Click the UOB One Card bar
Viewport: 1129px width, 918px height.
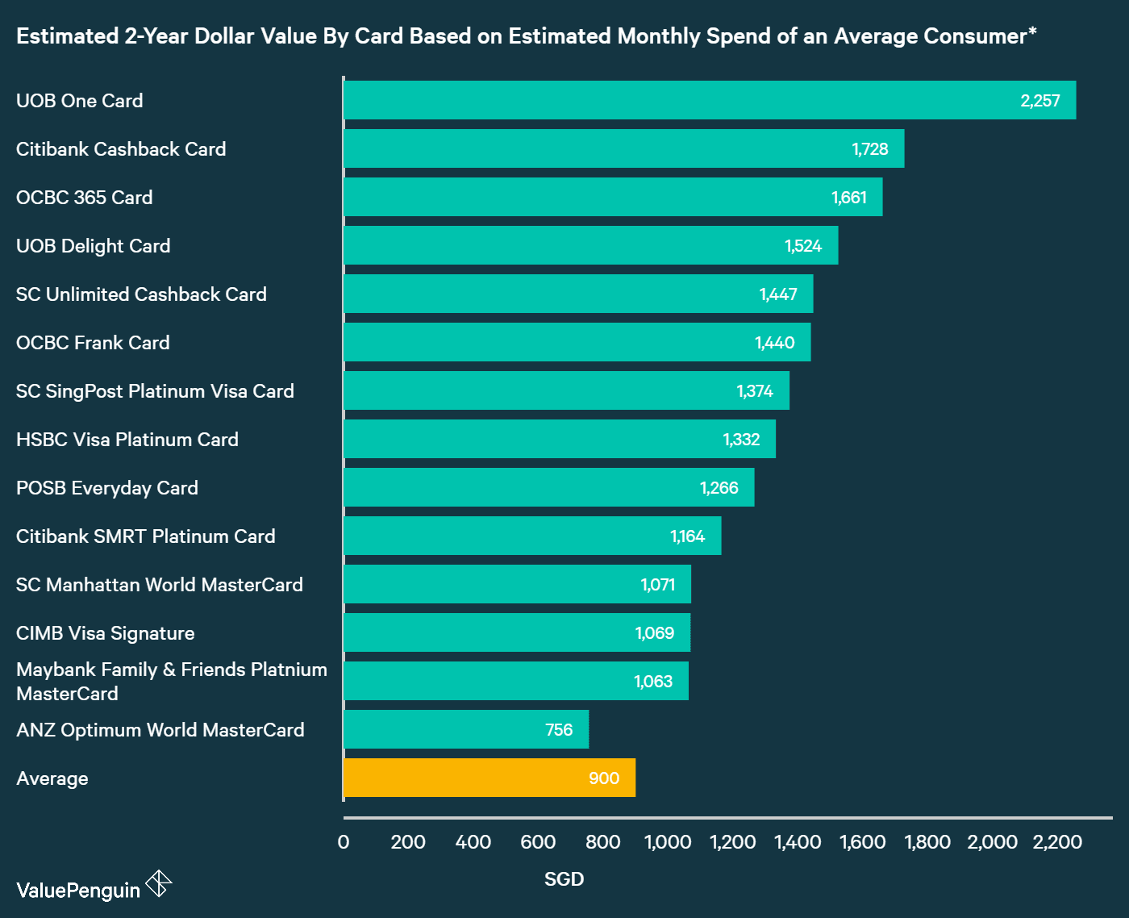(710, 100)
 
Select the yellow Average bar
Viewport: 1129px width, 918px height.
(490, 778)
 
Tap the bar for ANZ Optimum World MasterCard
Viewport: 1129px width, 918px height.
(466, 729)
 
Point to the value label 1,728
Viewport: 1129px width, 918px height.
(870, 149)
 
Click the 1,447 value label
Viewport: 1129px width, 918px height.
(778, 294)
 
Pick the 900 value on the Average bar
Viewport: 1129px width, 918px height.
(604, 778)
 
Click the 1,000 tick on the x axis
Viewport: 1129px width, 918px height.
(668, 842)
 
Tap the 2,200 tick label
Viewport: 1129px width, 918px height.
(1057, 842)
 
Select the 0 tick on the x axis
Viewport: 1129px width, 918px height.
(344, 842)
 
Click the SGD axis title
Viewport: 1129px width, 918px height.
(564, 879)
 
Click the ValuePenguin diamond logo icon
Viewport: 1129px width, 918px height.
(159, 884)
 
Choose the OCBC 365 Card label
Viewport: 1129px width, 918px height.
(85, 198)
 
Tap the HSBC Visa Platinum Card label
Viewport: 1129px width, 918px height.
(127, 440)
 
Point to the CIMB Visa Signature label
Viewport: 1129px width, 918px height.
(106, 633)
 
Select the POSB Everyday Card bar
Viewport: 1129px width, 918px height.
(548, 487)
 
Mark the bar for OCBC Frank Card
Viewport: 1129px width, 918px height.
(577, 342)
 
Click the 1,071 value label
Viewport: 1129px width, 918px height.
(658, 585)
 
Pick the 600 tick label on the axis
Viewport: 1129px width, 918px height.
(538, 842)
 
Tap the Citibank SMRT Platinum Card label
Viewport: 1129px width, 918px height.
(146, 536)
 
